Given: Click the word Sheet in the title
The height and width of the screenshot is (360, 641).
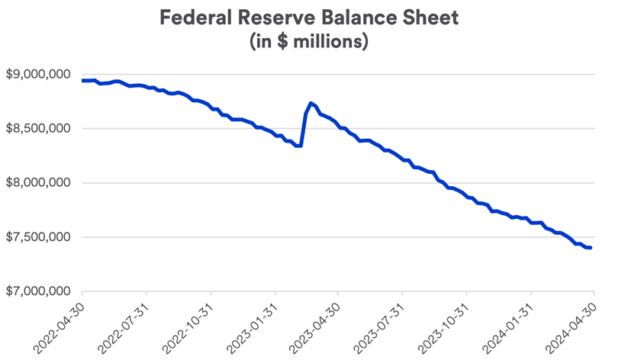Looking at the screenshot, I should click(432, 18).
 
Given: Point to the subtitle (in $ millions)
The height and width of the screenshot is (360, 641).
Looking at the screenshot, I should click(309, 41).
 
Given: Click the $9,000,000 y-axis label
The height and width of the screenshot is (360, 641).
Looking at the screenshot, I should click(38, 75).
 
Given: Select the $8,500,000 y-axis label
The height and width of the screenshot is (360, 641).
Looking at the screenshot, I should click(38, 129).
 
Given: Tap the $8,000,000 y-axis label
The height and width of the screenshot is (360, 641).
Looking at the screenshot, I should click(38, 183).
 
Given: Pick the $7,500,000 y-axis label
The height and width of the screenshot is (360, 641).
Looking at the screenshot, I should click(38, 237).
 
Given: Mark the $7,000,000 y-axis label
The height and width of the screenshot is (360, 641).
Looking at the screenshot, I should click(38, 291).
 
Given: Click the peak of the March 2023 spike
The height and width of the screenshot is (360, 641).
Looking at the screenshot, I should click(311, 103).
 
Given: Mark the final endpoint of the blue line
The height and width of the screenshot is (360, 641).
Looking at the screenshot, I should click(591, 248).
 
